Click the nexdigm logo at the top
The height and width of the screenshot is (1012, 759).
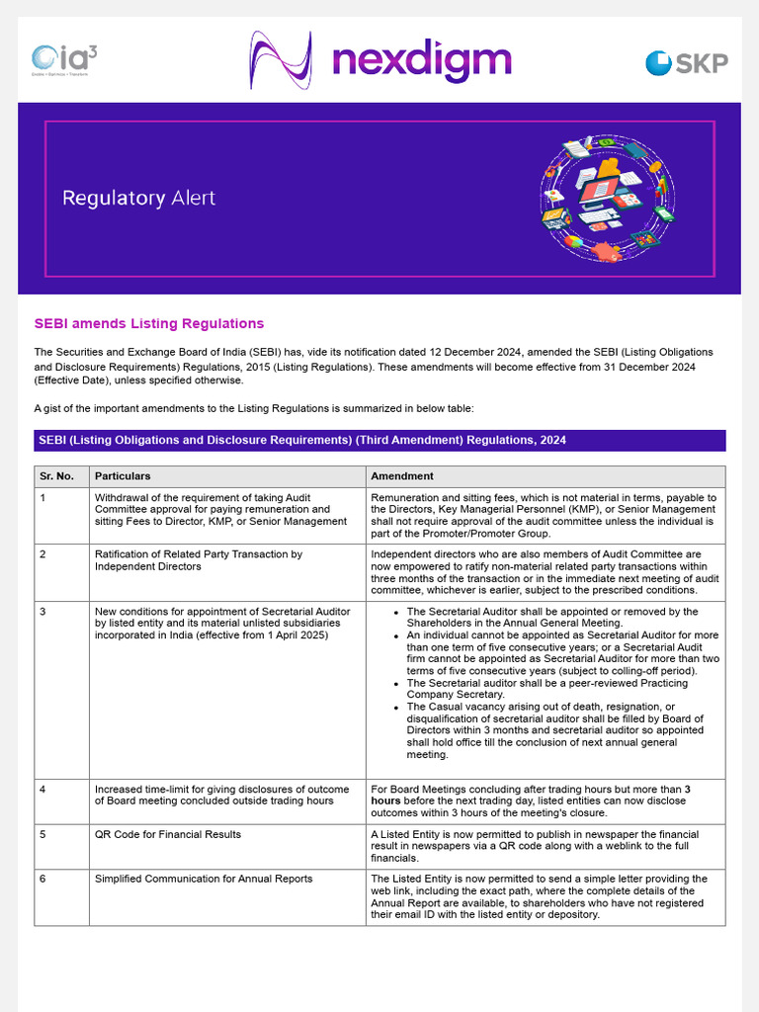(x=379, y=59)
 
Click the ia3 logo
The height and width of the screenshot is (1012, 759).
(x=64, y=61)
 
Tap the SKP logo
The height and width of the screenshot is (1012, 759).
(x=686, y=63)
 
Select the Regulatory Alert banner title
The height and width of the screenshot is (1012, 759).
(x=138, y=198)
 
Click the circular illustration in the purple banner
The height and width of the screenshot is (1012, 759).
(x=607, y=199)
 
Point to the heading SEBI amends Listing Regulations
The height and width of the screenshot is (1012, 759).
(x=149, y=323)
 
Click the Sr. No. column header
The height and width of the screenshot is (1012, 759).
(x=57, y=475)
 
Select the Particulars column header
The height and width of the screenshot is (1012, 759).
(x=123, y=475)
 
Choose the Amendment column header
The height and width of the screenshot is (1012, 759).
(x=402, y=475)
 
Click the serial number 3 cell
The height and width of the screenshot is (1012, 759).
(x=43, y=612)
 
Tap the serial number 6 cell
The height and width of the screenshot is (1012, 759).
(x=43, y=879)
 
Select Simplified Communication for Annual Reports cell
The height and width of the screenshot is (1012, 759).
(x=204, y=879)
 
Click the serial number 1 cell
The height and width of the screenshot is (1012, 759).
(x=43, y=498)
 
